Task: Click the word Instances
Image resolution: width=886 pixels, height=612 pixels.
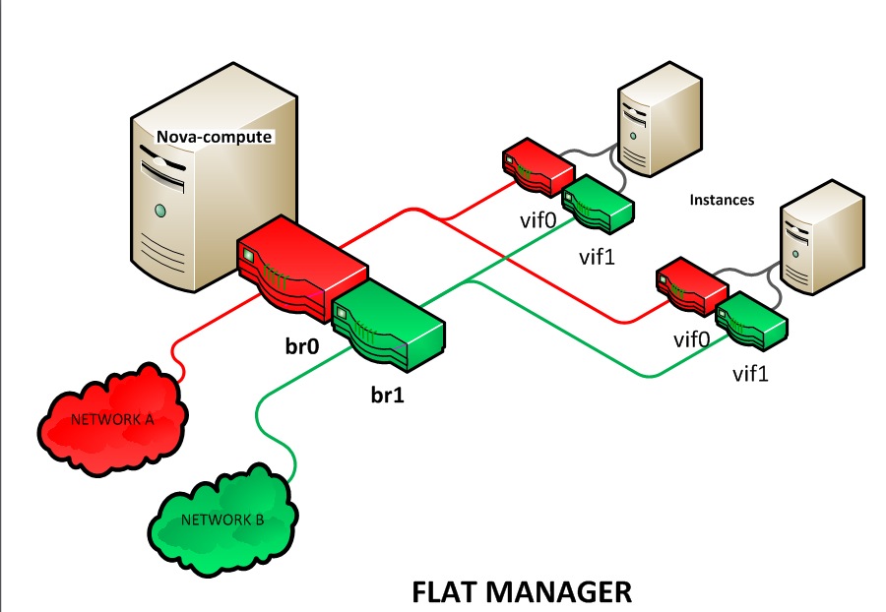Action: (722, 199)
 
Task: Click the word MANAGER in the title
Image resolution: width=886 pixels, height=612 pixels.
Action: (571, 591)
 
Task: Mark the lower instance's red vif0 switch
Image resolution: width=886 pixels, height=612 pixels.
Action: (691, 283)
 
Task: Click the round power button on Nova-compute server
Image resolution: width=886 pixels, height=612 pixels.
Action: (158, 209)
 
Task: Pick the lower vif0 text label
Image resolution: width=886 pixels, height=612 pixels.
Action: (692, 339)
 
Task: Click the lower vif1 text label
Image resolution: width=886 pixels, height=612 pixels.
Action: (754, 375)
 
